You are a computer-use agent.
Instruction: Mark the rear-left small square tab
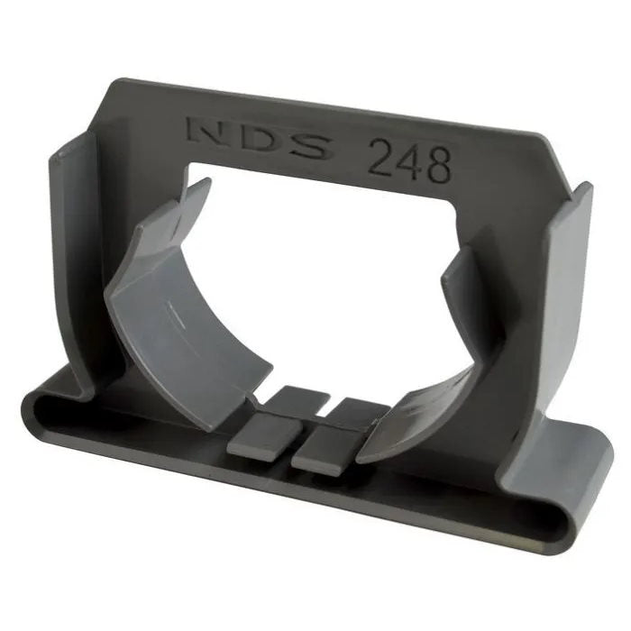click(297, 400)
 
